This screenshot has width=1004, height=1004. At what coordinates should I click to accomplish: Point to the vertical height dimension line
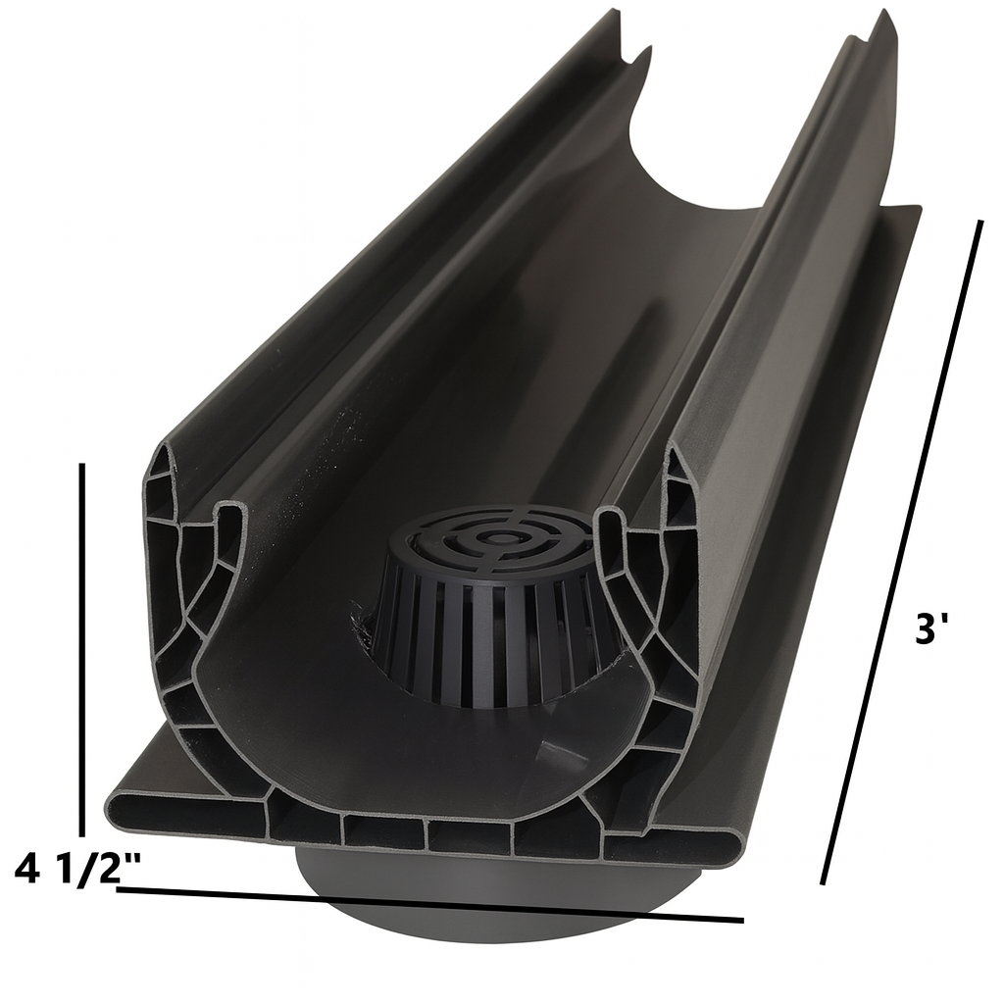tap(84, 647)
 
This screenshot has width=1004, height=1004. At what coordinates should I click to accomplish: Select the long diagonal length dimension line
tap(902, 549)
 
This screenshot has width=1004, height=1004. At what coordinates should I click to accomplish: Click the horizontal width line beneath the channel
tap(431, 904)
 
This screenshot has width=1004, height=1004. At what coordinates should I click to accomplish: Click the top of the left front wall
tap(163, 457)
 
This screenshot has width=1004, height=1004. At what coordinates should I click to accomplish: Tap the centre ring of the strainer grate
tap(502, 538)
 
